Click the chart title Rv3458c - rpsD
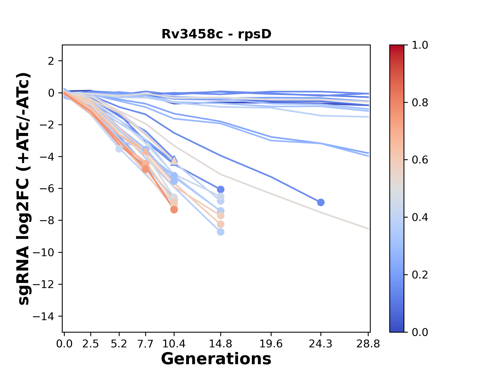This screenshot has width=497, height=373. pos(216,34)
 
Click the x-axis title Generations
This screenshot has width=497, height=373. pos(216,359)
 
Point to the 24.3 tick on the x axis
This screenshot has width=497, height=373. pos(321,344)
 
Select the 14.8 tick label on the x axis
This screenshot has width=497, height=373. pos(220,344)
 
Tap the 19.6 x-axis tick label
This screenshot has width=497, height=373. pos(271,344)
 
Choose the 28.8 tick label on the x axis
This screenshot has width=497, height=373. pos(368,344)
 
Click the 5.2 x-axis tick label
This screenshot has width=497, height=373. pos(119,344)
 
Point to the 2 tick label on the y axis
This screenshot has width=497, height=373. pos(51,61)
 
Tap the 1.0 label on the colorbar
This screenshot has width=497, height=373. pos(420,45)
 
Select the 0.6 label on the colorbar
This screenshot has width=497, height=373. pos(420,160)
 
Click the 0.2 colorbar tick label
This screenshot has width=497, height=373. pos(420,275)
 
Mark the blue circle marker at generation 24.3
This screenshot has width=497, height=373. pos(321,202)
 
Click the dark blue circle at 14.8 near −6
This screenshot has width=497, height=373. pos(221,189)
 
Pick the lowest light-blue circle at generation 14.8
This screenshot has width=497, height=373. pos(221,232)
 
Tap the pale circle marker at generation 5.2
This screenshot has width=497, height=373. pos(119,149)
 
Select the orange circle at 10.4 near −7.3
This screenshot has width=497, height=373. pos(174,210)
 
